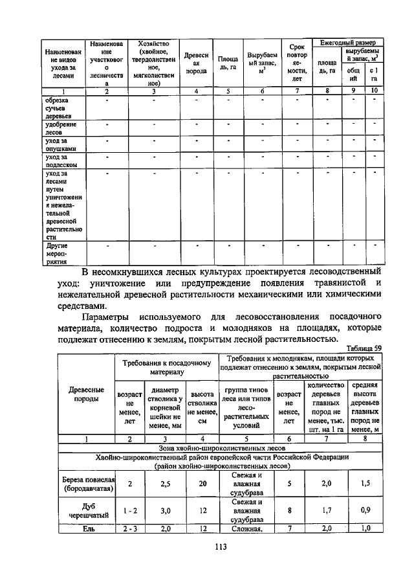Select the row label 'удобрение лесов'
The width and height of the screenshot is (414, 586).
(61, 127)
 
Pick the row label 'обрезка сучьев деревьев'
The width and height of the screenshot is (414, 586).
(59, 107)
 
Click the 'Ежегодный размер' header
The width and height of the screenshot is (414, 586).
(347, 42)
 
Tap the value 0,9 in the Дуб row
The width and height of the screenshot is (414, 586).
(365, 510)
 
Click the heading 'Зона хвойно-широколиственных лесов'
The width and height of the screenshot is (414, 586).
(219, 447)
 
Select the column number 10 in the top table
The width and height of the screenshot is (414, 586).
(374, 91)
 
